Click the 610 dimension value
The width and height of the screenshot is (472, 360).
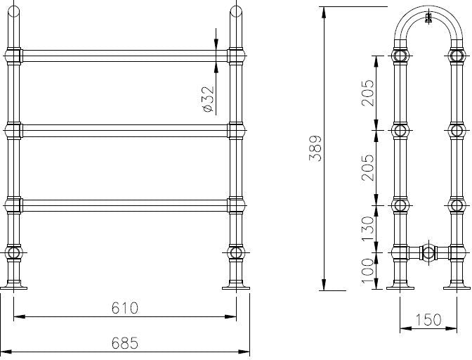coord(125,308)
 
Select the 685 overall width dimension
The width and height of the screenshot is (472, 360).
coord(125,343)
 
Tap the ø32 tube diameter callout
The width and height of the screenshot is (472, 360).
coord(207,100)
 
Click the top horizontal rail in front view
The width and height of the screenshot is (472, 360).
coord(125,56)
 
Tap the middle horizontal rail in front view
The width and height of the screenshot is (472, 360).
coord(125,130)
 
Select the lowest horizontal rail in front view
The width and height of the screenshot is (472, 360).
coord(125,205)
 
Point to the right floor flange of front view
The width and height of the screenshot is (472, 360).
coord(236,286)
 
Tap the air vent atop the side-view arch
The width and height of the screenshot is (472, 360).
coord(428,20)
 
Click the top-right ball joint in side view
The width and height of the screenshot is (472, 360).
coord(457,56)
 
